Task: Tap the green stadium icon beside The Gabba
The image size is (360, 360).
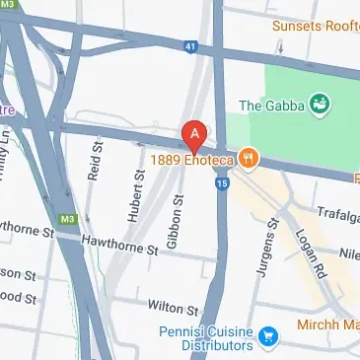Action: point(319,103)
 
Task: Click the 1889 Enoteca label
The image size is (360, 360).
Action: point(192,157)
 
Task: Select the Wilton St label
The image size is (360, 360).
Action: point(166,307)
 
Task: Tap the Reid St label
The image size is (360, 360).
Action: point(96,159)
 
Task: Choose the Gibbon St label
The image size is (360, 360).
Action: point(179,219)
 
